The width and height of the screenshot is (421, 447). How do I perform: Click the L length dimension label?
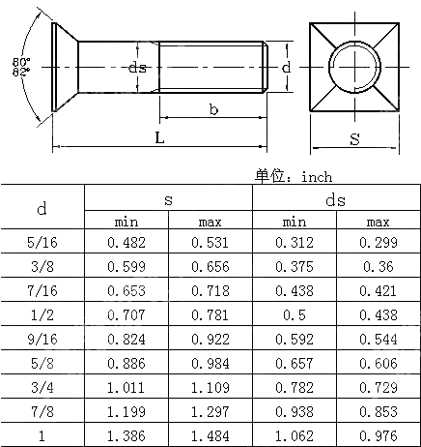[x=160, y=137]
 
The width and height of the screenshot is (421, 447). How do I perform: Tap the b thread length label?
[x=212, y=109]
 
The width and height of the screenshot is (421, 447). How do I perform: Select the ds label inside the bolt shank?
[x=138, y=67]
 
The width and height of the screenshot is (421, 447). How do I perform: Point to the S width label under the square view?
[x=354, y=139]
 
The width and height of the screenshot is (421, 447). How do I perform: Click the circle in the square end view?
[x=354, y=70]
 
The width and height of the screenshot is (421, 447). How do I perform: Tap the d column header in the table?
[x=42, y=208]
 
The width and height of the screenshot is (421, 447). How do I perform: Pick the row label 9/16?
[x=42, y=338]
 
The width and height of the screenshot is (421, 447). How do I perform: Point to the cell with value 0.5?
[x=294, y=314]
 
